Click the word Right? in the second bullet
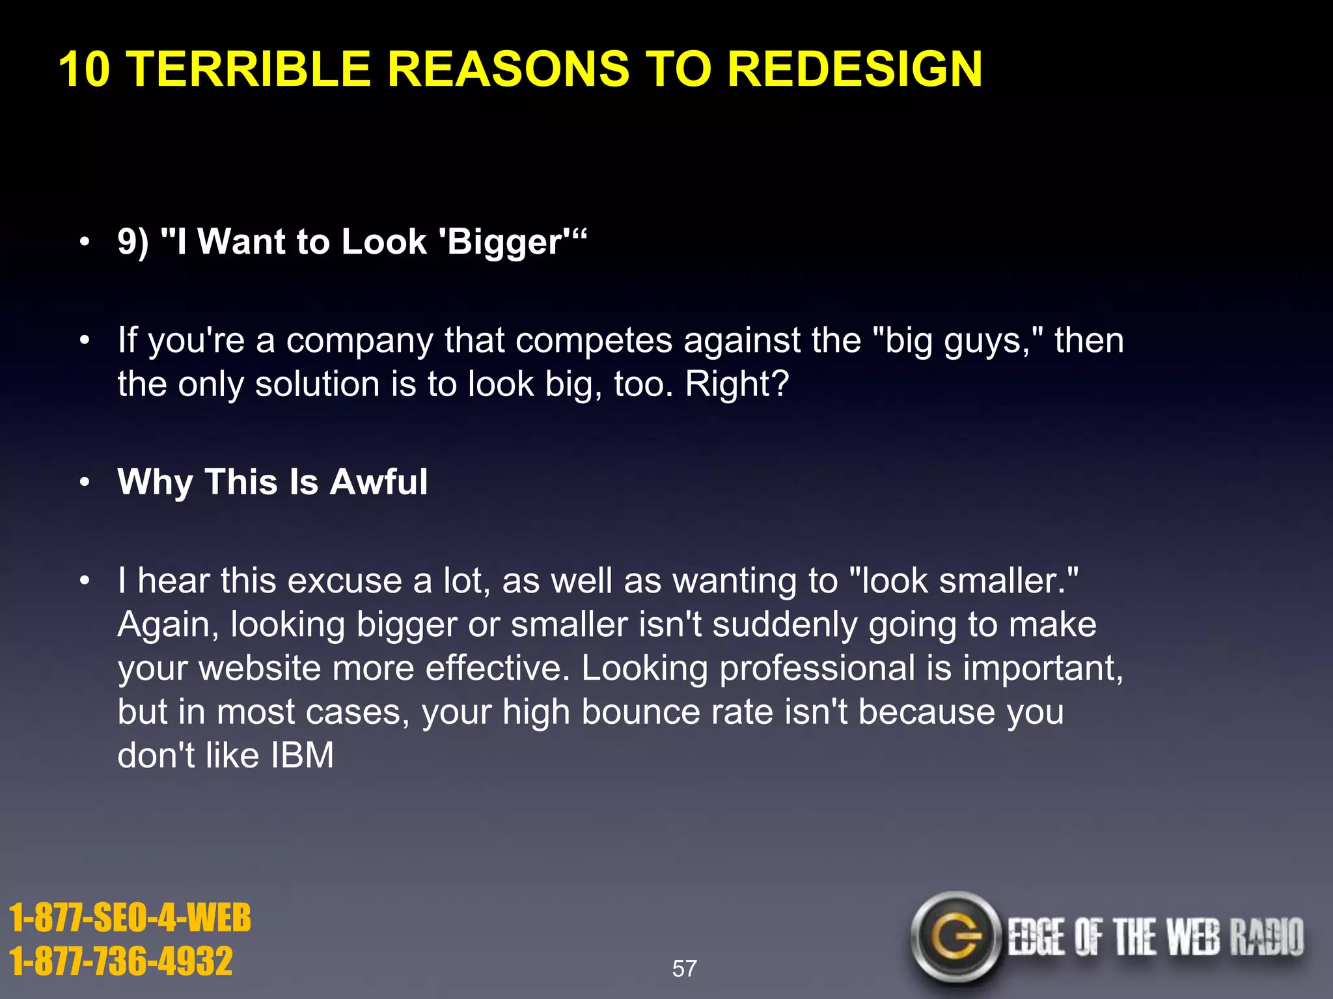pyautogui.click(x=737, y=384)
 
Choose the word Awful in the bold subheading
pyautogui.click(x=379, y=482)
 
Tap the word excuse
pyautogui.click(x=344, y=580)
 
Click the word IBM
pyautogui.click(x=302, y=755)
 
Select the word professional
pyautogui.click(x=818, y=668)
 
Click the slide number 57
pyautogui.click(x=684, y=968)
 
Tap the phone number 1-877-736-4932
pyautogui.click(x=121, y=961)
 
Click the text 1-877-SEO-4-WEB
pyautogui.click(x=130, y=918)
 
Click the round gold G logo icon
pyautogui.click(x=955, y=937)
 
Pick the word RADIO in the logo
pyautogui.click(x=1266, y=937)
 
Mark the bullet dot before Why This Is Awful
pyautogui.click(x=84, y=483)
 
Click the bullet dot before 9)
pyautogui.click(x=84, y=243)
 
